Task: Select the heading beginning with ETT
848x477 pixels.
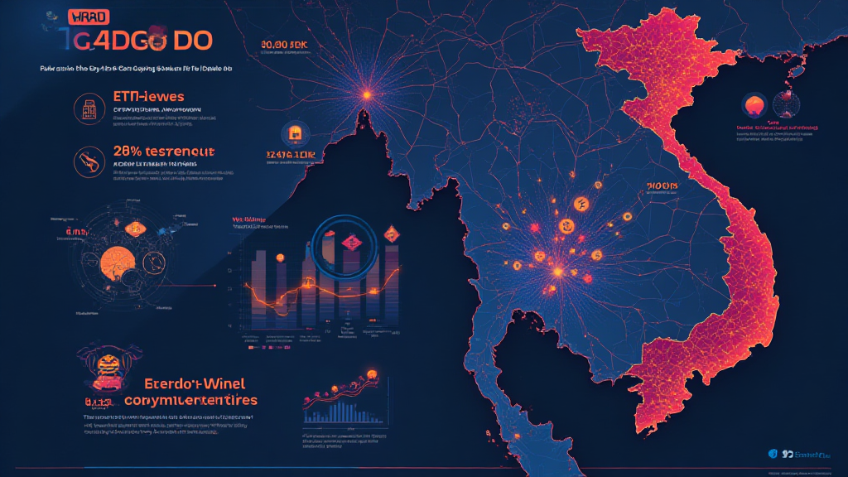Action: [x=149, y=98]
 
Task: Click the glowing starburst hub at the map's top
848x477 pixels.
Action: [x=366, y=95]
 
